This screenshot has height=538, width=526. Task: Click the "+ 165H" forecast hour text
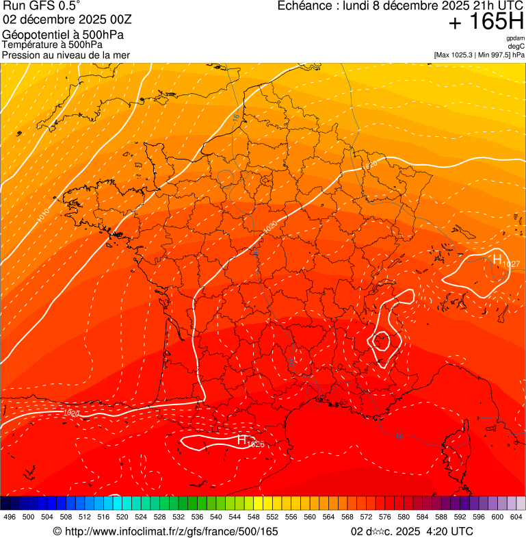tap(486, 22)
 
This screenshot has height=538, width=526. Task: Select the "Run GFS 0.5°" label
tap(41, 7)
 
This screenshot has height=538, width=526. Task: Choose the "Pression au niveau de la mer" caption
tap(66, 55)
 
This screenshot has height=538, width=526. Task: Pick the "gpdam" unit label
tap(515, 38)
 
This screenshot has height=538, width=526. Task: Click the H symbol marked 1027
tap(497, 259)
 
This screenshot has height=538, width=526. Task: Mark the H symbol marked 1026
tap(241, 440)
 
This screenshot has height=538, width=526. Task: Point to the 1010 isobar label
tap(43, 217)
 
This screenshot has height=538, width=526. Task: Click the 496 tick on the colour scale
tap(10, 517)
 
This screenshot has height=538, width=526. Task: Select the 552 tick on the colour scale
tap(272, 517)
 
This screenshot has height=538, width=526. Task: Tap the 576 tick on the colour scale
tap(384, 517)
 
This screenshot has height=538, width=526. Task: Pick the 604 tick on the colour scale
tap(516, 517)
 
